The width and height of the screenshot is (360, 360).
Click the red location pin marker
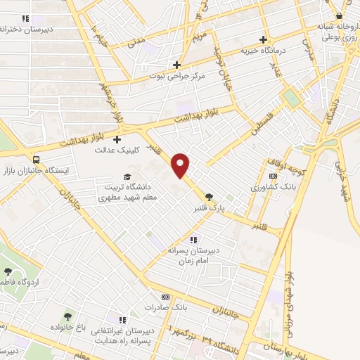pos(181,164)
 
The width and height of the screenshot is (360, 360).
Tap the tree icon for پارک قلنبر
pos(208,196)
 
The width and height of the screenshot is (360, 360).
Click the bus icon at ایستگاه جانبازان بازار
pos(36,160)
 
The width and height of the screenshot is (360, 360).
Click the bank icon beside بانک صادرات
pos(166,297)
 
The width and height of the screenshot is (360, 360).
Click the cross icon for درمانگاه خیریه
pos(264,39)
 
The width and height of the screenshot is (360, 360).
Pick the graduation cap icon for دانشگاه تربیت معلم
pos(127,176)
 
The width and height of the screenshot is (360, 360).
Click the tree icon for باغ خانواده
pos(67,316)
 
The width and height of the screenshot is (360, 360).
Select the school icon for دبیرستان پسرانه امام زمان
pos(203,239)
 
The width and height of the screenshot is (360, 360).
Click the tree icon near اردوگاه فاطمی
pos(8,271)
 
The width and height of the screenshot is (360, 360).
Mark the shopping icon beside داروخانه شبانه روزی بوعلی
pos(339,15)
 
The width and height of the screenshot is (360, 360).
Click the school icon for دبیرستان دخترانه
pos(26,19)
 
